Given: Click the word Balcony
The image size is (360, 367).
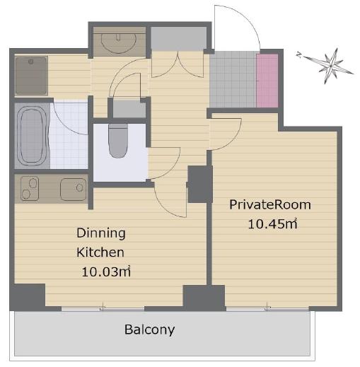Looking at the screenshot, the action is click(149, 330).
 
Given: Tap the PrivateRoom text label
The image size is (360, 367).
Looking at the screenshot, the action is click(270, 204).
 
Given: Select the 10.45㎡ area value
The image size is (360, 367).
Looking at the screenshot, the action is click(272, 224).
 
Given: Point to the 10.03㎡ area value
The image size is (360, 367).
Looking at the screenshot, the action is click(106, 272).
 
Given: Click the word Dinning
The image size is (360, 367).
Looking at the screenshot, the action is click(101, 233).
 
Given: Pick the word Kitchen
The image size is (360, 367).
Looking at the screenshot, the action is click(100, 252).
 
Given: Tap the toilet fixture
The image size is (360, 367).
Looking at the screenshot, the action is click(118, 141).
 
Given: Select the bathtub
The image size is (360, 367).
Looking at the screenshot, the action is click(32, 136).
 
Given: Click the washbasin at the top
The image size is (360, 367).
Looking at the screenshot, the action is click(119, 43).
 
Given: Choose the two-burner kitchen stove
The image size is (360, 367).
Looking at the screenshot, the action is click(30, 189).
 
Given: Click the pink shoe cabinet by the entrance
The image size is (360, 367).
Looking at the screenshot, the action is click(267, 81).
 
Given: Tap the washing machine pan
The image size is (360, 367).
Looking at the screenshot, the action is click(31, 76).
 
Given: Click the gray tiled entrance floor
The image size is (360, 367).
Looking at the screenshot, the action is click(233, 80).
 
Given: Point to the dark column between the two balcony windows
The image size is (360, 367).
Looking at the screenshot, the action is click(204, 298).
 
